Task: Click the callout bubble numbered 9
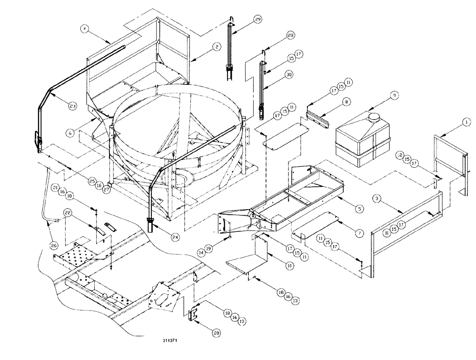click(394, 95)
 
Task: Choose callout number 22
click(69, 214)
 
